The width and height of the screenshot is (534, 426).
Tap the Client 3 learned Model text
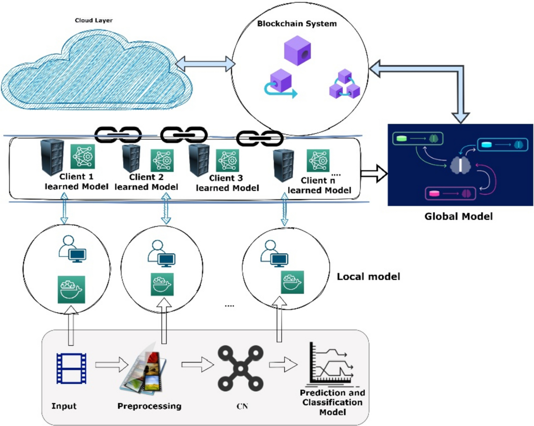227,183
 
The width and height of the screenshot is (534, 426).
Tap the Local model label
368,277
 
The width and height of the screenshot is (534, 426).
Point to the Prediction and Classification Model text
332,402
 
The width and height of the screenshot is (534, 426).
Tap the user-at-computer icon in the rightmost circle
274,254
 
